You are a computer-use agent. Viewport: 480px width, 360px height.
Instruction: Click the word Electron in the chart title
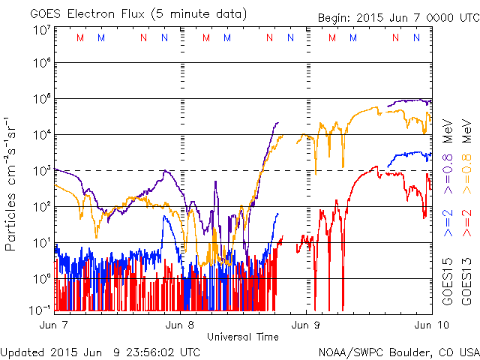point(83,13)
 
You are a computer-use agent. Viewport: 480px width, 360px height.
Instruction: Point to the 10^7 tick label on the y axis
point(41,29)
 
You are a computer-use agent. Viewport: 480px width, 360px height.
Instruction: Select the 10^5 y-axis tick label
point(41,99)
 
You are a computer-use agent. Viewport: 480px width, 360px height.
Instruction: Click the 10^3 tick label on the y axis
point(41,171)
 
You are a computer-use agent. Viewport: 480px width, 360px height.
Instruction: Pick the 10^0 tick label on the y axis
point(41,279)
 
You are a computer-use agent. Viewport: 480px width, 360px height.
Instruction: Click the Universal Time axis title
point(242,337)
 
